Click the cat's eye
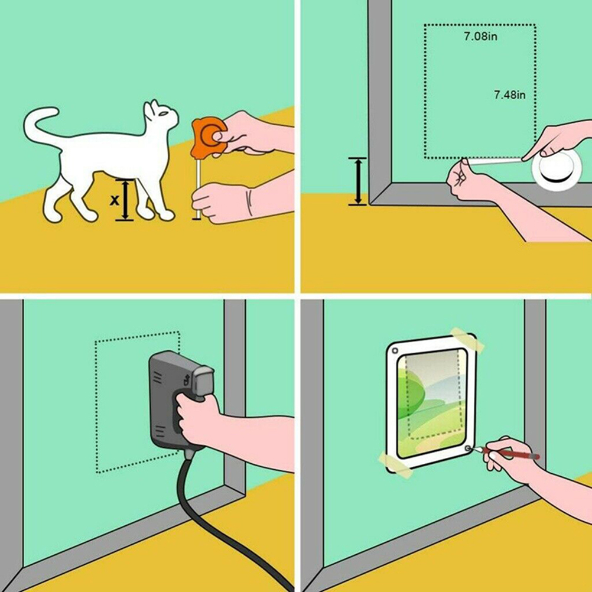[163, 113]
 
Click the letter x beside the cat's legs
[114, 200]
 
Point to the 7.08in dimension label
[480, 36]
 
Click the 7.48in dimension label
[510, 95]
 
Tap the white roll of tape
[556, 168]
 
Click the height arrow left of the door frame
[357, 181]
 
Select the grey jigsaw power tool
[177, 400]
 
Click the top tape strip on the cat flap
[467, 339]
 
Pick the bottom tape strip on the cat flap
[395, 464]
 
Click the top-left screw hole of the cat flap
[395, 351]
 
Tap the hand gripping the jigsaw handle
[197, 419]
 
